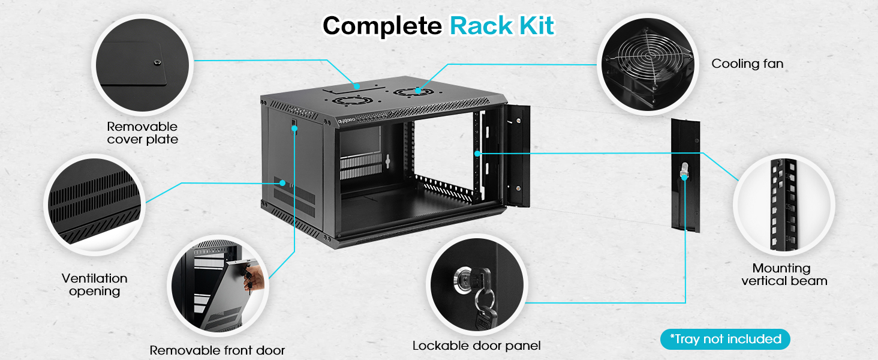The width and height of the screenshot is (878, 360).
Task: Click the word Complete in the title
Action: [x=382, y=26]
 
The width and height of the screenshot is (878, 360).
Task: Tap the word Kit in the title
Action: [x=536, y=25]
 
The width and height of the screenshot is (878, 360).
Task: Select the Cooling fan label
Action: [x=747, y=64]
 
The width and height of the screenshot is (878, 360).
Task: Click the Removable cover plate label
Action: [x=143, y=133]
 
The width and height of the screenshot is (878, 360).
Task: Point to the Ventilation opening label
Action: [x=95, y=285]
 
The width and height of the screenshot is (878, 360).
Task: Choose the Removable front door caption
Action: [x=217, y=350]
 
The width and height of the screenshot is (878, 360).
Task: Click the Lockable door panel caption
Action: [x=476, y=346]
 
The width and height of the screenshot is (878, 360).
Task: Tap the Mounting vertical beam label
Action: [x=784, y=275]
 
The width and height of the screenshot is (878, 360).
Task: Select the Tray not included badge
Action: [x=725, y=339]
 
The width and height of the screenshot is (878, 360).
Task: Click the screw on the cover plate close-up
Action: [x=158, y=62]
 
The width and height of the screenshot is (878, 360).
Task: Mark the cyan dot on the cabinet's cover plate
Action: [x=357, y=86]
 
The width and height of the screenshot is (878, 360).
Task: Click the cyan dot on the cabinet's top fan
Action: [x=418, y=91]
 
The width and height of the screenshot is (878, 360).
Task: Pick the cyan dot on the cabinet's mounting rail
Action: [x=477, y=154]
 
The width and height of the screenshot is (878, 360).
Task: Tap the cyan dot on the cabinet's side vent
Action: [x=282, y=183]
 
